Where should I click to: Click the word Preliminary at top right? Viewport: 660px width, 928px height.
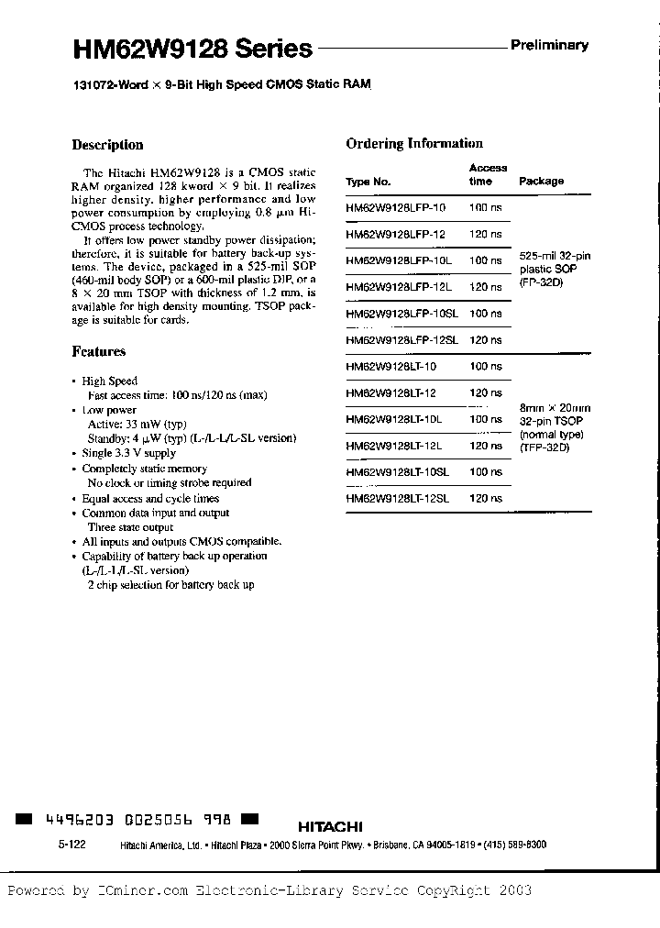pyautogui.click(x=550, y=45)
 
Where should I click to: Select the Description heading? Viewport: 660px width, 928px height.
pyautogui.click(x=107, y=145)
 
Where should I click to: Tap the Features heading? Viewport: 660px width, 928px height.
pyautogui.click(x=98, y=351)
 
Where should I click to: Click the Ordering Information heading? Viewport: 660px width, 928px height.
pyautogui.click(x=414, y=143)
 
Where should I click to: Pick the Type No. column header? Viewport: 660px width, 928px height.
pyautogui.click(x=368, y=182)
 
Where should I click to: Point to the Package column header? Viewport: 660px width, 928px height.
pyautogui.click(x=541, y=181)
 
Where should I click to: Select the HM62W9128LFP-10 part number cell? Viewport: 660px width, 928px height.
pyautogui.click(x=396, y=208)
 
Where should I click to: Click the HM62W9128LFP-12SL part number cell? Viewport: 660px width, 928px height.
pyautogui.click(x=401, y=340)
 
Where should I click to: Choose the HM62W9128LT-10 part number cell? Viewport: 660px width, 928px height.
pyautogui.click(x=392, y=367)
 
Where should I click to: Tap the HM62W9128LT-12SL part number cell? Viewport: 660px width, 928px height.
pyautogui.click(x=398, y=499)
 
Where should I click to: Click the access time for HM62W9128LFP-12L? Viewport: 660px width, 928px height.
pyautogui.click(x=485, y=287)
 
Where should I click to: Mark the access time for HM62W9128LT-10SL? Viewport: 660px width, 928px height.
pyautogui.click(x=485, y=472)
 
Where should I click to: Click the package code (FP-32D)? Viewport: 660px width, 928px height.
pyautogui.click(x=541, y=282)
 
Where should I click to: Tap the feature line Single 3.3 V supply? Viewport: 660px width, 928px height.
pyautogui.click(x=129, y=454)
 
